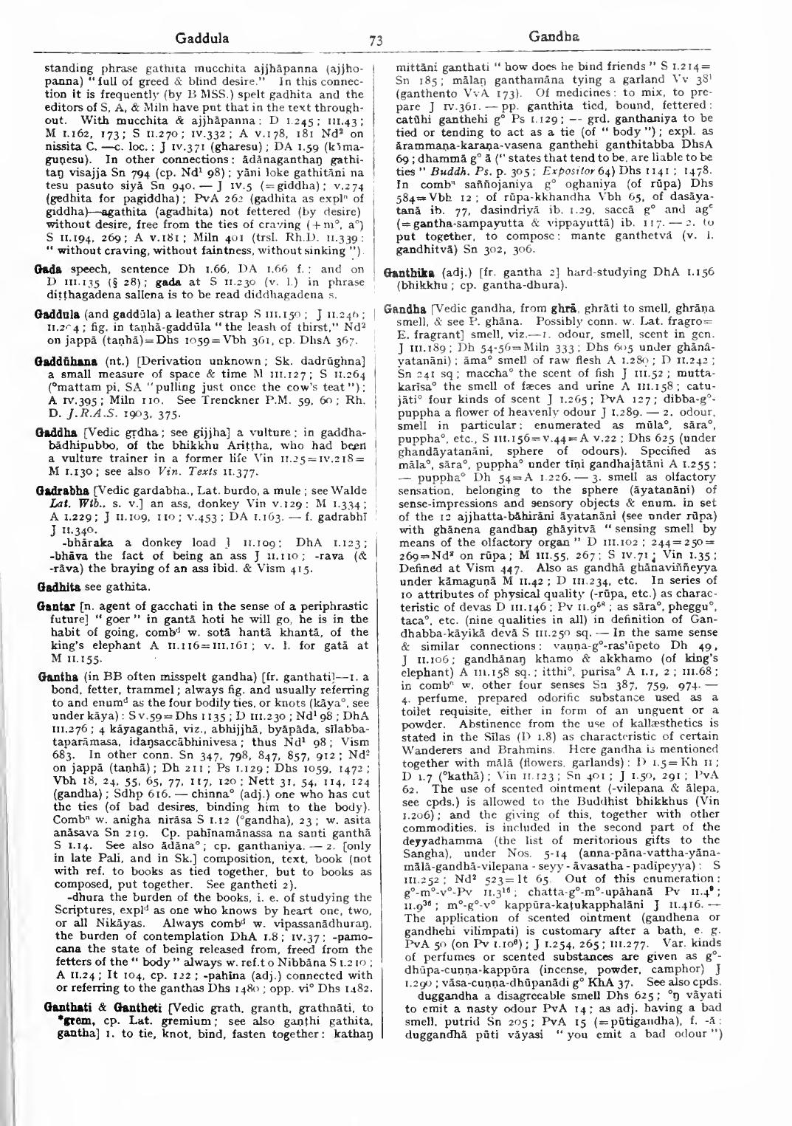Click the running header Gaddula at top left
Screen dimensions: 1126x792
point(203,38)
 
